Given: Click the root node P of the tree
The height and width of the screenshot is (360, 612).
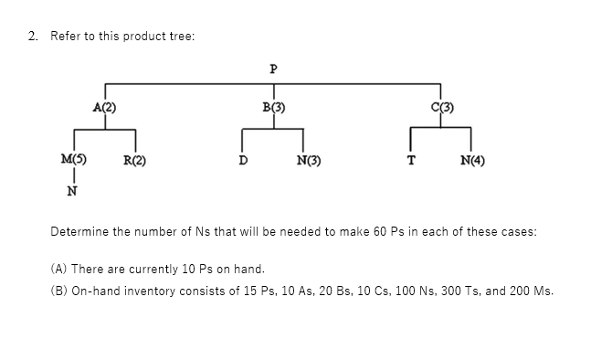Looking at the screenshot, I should point(273,69).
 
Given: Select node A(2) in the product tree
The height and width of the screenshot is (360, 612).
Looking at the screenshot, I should point(103,108).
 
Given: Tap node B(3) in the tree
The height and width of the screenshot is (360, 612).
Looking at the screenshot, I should point(273,108).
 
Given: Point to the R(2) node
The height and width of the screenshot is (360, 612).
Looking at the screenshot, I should point(135,164).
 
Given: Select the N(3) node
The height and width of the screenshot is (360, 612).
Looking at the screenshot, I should point(310,164).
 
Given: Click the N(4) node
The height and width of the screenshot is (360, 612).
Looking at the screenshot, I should point(473,164).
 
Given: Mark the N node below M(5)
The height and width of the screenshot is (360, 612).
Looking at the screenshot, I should point(72,192).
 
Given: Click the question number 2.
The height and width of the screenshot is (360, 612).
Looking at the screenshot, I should point(32,36).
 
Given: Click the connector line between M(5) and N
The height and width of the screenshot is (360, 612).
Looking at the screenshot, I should point(72,177).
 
